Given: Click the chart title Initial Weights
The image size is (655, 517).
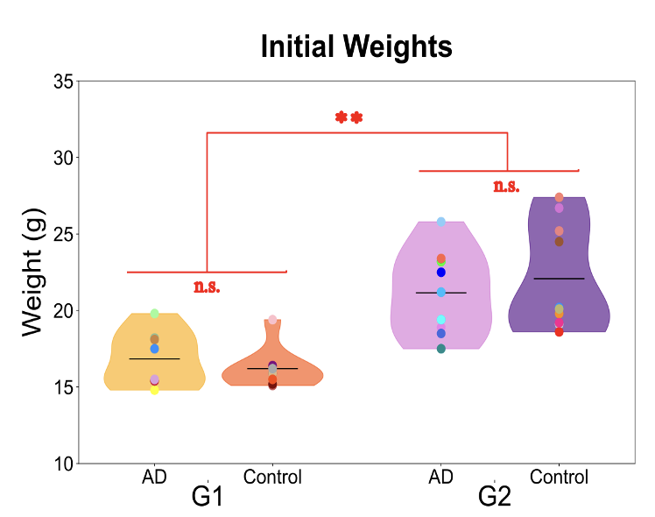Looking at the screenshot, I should tap(356, 46).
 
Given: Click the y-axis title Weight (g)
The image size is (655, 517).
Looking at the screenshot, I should tap(32, 272).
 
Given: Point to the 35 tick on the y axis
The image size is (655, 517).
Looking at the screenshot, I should tap(63, 81).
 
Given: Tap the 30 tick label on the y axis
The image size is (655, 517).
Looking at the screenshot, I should tap(63, 158).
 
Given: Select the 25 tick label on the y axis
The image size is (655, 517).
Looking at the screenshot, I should tap(63, 234).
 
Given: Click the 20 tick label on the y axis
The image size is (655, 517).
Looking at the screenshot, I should tap(63, 310).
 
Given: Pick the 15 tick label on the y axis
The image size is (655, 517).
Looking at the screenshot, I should tap(63, 386).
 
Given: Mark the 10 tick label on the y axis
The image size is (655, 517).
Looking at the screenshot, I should tap(63, 463).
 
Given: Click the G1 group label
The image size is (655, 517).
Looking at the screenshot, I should tap(207, 497).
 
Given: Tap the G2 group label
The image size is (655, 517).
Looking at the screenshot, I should tap(495, 497).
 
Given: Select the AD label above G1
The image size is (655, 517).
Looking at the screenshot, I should tap(154, 477).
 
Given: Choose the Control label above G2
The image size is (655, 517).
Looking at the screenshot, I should tap(560, 477).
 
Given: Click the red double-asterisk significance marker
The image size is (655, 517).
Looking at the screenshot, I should tap(349, 117).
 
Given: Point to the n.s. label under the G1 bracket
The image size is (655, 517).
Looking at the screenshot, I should tap(207, 287).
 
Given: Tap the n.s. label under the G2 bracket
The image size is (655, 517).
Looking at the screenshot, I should tap(506, 186).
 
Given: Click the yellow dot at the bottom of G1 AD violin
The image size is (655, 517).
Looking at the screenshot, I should tap(154, 390).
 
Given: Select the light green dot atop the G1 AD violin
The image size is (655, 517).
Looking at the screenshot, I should tap(154, 314).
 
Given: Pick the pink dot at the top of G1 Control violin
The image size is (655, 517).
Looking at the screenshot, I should tap(272, 320).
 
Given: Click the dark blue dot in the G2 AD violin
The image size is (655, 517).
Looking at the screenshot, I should tap(441, 273).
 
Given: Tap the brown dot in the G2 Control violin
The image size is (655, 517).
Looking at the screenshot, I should tap(560, 242).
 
